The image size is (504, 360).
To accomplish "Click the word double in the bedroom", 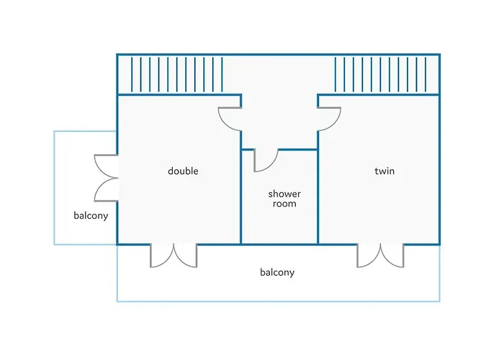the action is (x=183, y=171).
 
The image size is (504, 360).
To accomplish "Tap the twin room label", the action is (x=384, y=171).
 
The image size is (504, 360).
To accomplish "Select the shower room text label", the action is (x=284, y=199).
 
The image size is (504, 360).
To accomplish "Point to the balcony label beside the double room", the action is (x=91, y=216).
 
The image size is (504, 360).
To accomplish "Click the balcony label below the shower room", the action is (x=277, y=273).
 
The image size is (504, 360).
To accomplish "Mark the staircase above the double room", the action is (x=176, y=75).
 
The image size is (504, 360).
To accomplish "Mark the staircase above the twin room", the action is (x=380, y=75).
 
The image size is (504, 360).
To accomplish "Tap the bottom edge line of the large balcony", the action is (x=279, y=301).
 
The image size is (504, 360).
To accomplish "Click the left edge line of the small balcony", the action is (x=54, y=188).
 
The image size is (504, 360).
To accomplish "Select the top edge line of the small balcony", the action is (x=85, y=131).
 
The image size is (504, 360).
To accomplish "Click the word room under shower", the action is (x=284, y=204).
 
